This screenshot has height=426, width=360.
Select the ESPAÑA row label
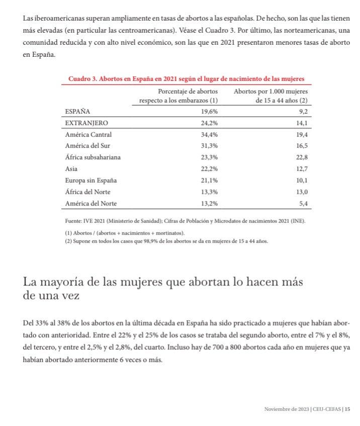pos(78,112)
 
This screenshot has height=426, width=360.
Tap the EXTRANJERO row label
pos(86,123)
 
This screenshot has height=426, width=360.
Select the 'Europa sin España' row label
pos(95,180)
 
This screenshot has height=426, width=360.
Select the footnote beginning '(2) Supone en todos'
pos(166,241)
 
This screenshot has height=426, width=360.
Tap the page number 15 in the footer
pos(347,409)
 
